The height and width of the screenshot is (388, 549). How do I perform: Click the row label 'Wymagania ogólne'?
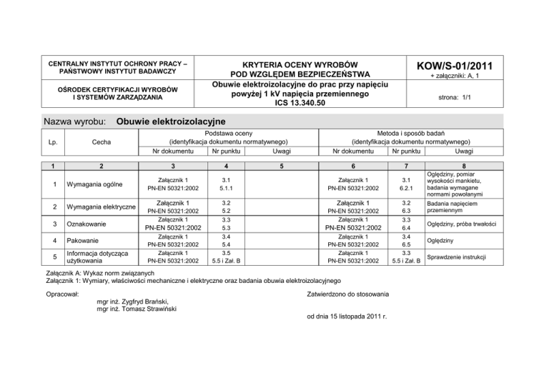point(91,184)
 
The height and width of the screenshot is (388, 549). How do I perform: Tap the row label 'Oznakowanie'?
point(85,224)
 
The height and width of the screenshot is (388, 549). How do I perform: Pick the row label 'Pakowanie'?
point(81,241)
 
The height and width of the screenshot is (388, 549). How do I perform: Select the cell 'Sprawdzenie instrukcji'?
point(459,257)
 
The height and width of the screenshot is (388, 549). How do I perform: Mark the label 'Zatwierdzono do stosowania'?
point(347,294)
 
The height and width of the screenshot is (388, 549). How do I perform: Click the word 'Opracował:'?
point(61,294)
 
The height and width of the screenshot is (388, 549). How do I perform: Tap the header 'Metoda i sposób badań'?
point(415,133)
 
